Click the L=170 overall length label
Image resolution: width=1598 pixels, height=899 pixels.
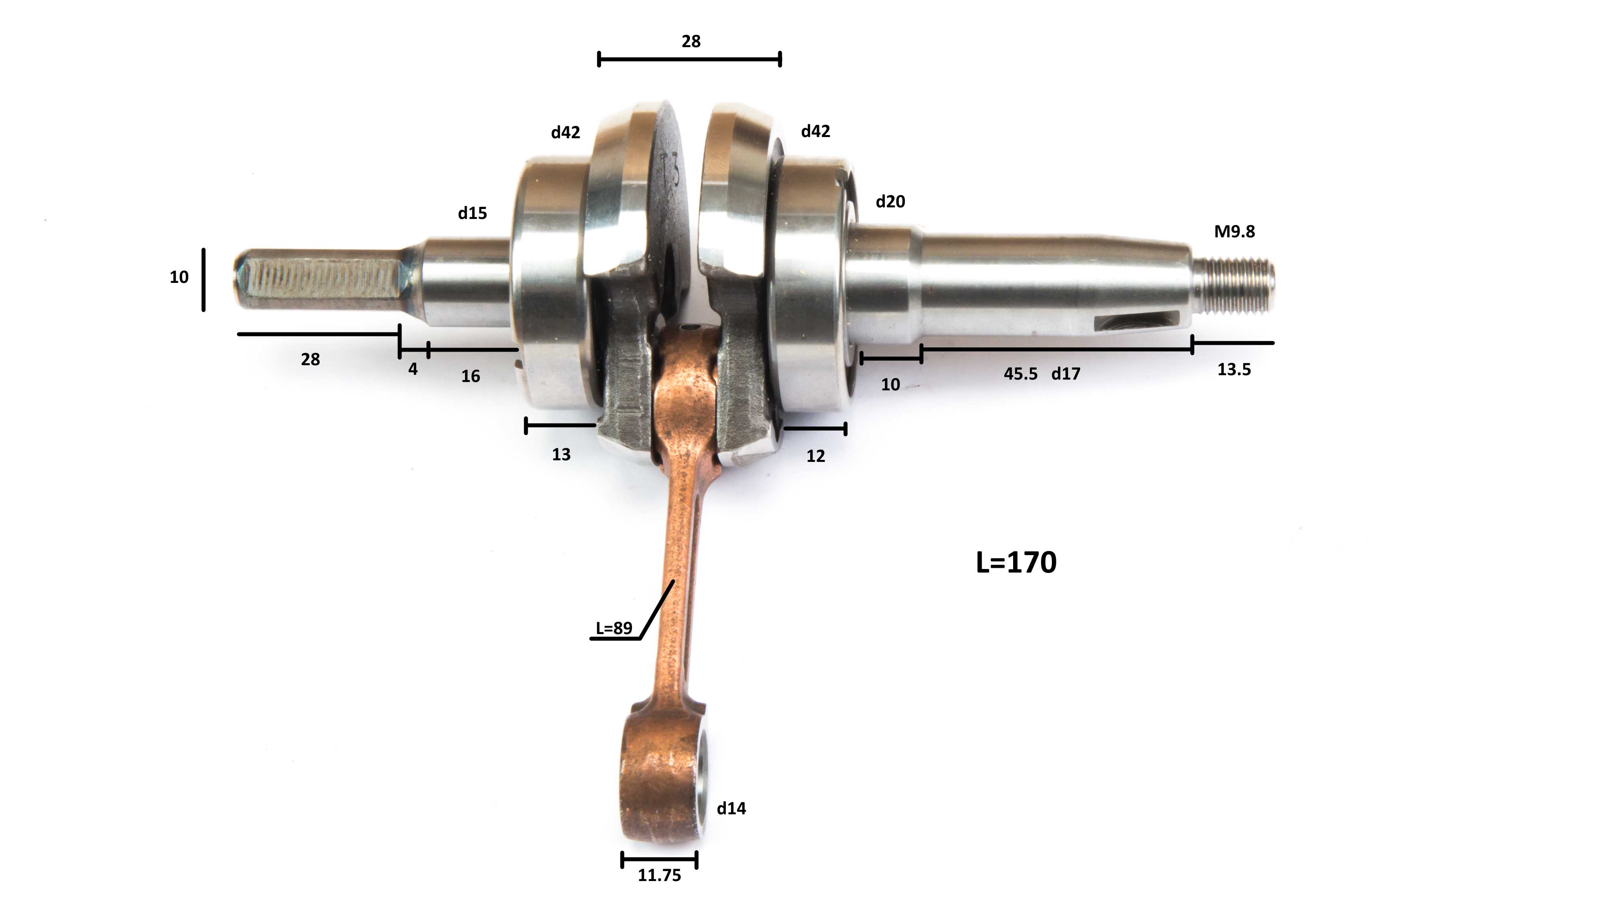(x=1016, y=562)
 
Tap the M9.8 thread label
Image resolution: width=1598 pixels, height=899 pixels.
(x=1234, y=231)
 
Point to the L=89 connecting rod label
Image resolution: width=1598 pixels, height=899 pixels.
(x=614, y=629)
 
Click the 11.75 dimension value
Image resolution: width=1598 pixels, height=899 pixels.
(x=660, y=875)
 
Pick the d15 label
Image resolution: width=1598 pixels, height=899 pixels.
(x=472, y=213)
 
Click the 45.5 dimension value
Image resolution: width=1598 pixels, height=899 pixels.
(x=1020, y=374)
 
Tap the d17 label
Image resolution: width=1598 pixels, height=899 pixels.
(x=1066, y=374)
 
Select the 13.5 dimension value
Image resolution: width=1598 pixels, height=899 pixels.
(x=1234, y=370)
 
